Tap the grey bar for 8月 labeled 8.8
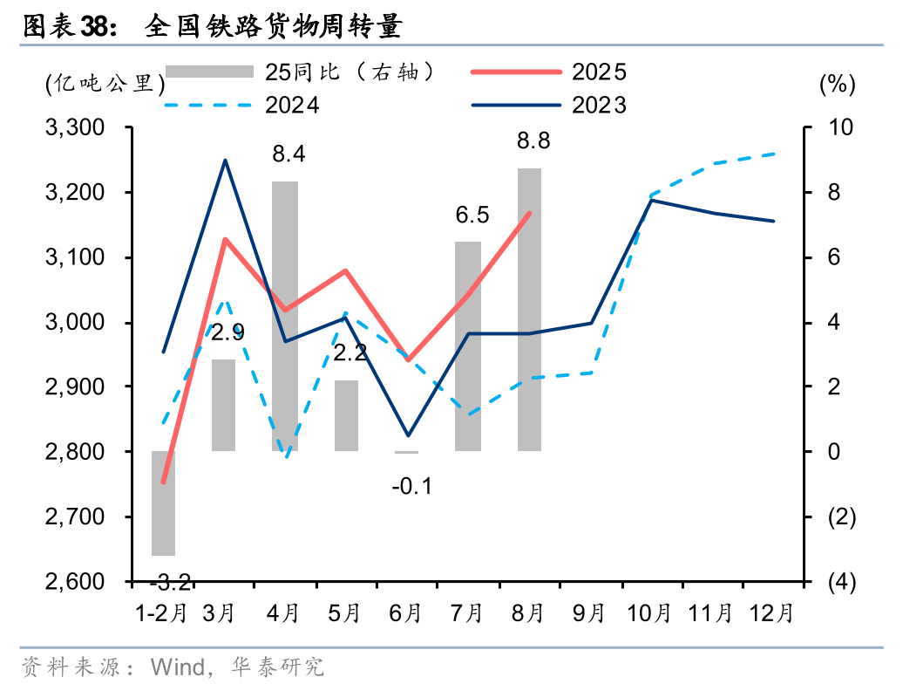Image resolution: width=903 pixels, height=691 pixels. coord(529,310)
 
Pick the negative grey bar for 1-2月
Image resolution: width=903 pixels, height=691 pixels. coord(164,503)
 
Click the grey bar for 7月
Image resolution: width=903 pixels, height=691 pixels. coord(468,346)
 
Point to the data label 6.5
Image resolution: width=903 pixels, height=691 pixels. coord(472,215)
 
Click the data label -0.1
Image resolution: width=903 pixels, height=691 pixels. coord(411,487)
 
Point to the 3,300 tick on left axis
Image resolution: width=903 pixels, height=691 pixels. coord(73,127)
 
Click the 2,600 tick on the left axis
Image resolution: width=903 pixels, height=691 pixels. coord(73,581)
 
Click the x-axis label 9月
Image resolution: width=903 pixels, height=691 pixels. coord(589,612)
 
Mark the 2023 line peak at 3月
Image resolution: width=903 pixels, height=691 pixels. coord(225,161)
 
